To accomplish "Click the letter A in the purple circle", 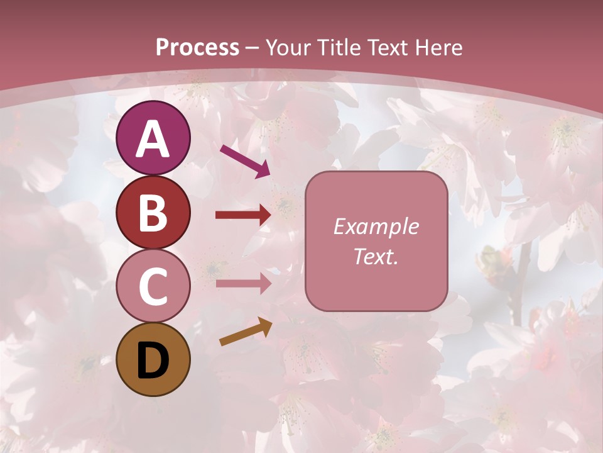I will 153,139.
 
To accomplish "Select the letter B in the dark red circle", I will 153,213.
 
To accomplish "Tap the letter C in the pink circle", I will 153,286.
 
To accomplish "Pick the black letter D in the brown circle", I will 153,360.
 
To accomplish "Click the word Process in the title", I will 197,47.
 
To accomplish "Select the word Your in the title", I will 290,47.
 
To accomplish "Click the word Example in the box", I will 376,226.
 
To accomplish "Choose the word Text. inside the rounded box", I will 376,257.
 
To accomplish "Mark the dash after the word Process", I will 253,48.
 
